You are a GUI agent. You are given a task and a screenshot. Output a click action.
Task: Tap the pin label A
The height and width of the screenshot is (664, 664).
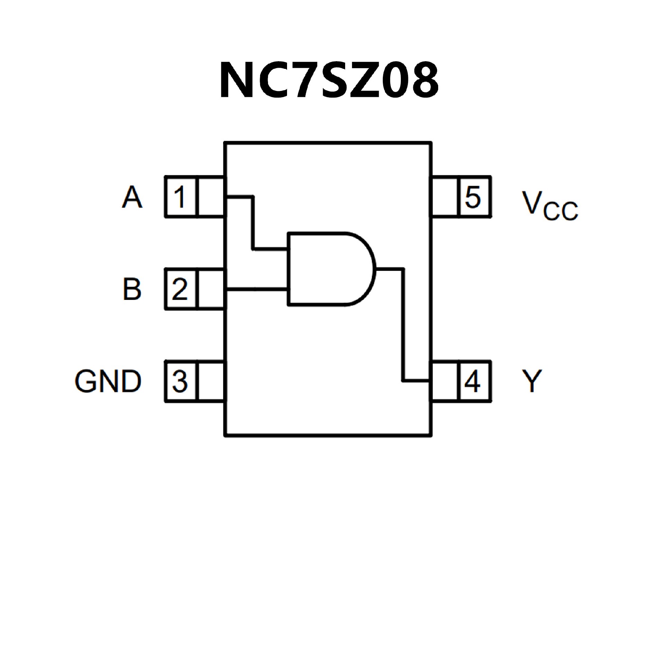tap(132, 197)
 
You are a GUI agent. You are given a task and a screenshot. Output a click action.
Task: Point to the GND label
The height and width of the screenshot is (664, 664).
tap(108, 381)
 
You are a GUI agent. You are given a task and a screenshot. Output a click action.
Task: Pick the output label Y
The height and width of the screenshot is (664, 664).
tap(532, 381)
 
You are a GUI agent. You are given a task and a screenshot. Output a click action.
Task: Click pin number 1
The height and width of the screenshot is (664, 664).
tap(180, 197)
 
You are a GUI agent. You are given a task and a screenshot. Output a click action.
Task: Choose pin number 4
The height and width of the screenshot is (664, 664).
tap(473, 381)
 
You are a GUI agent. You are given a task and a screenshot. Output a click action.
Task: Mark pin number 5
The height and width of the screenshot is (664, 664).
tap(473, 197)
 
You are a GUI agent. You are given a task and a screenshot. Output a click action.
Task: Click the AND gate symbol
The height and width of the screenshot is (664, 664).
tap(331, 269)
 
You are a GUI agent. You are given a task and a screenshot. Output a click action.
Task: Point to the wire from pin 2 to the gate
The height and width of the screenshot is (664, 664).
tap(257, 289)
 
